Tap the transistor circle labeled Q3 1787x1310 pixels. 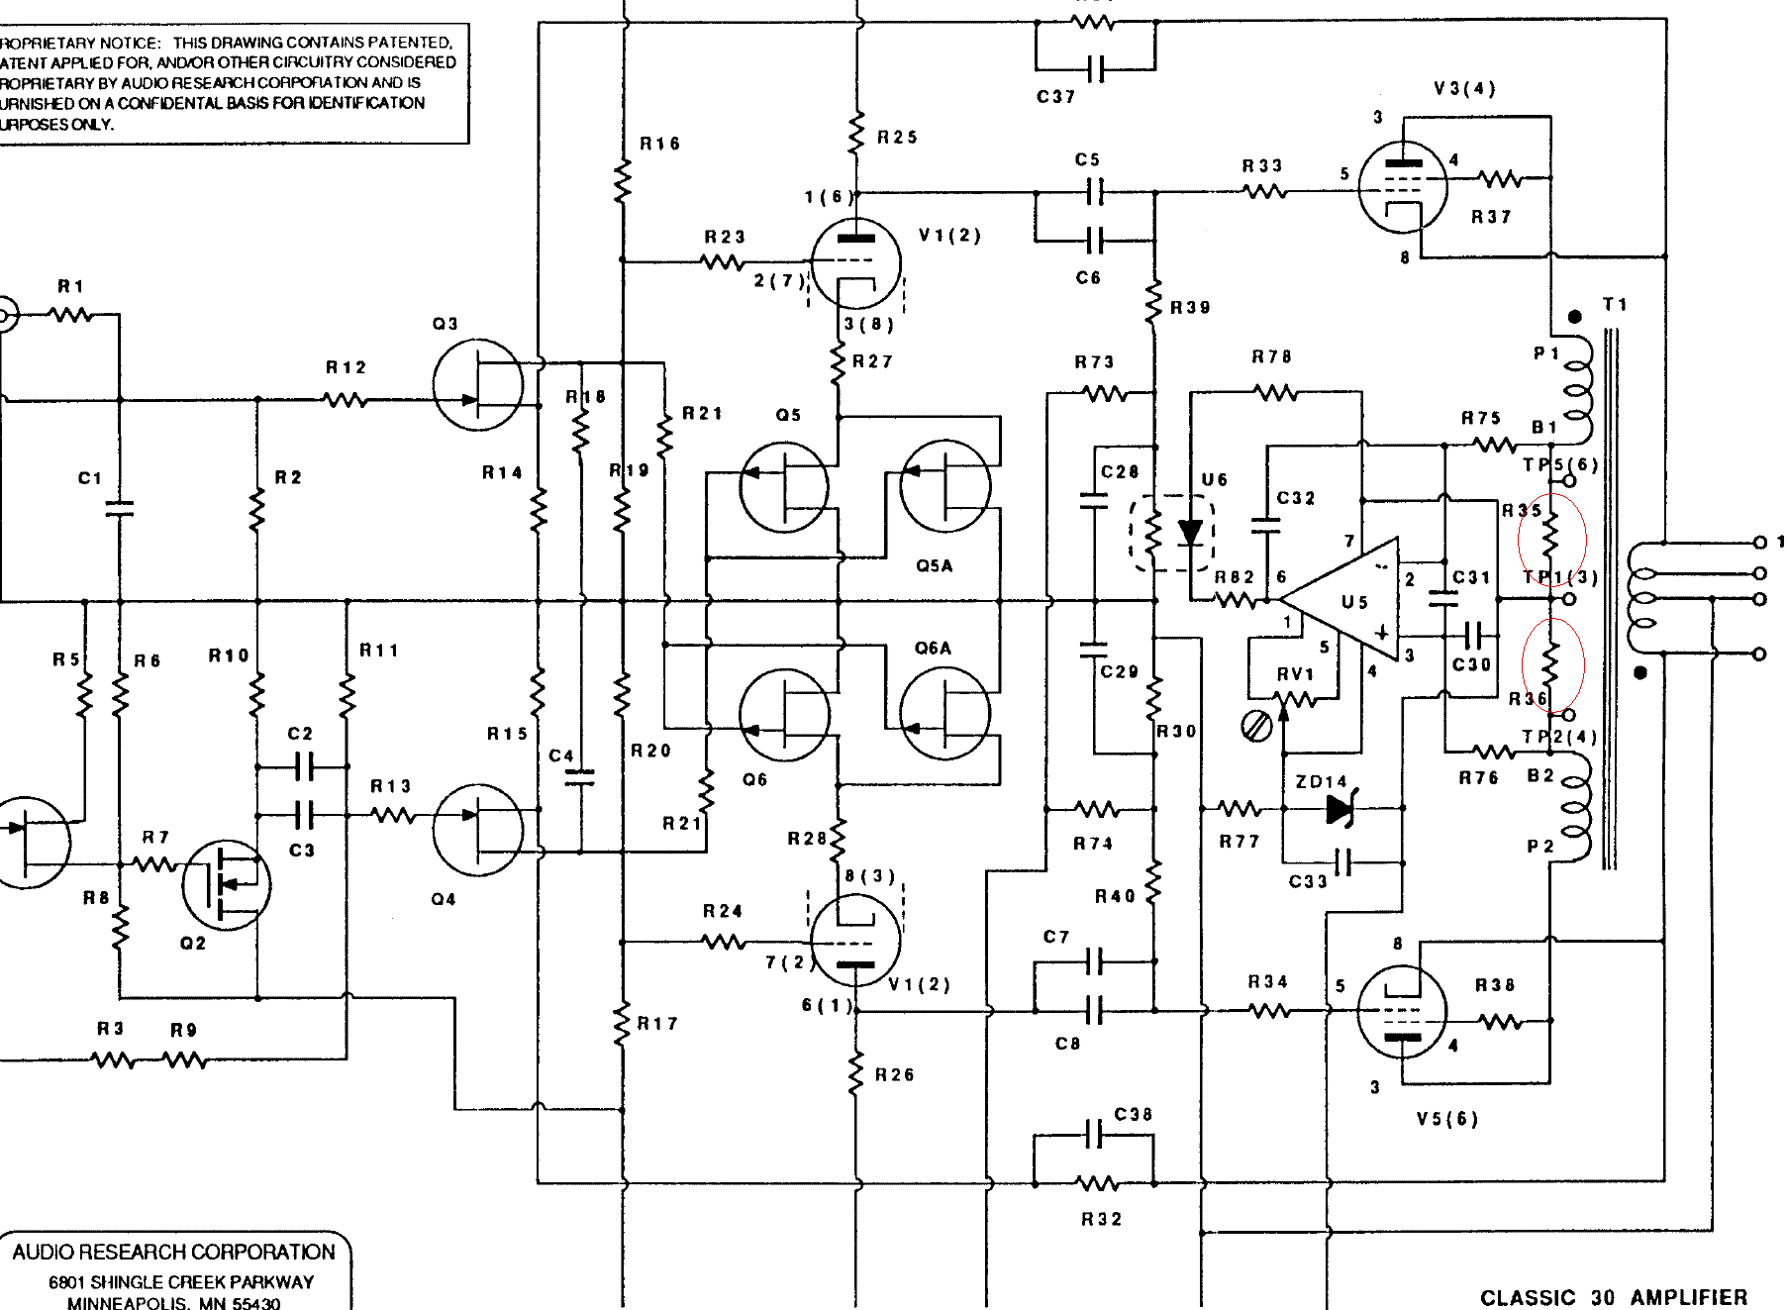click(x=478, y=385)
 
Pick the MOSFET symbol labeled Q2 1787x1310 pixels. click(x=227, y=884)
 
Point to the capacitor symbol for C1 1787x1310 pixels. click(x=119, y=508)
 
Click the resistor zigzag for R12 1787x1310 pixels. click(x=346, y=400)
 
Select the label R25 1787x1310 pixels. click(x=897, y=138)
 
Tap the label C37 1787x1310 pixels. click(x=1056, y=97)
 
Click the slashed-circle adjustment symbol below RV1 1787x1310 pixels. click(x=1256, y=727)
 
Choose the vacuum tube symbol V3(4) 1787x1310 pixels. click(x=1402, y=184)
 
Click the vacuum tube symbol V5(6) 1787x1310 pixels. click(x=1402, y=1012)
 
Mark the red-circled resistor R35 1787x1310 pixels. click(x=1551, y=539)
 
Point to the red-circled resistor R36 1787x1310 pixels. click(x=1551, y=663)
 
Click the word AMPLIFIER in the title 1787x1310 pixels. click(x=1689, y=1297)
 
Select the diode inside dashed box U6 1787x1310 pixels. click(x=1191, y=534)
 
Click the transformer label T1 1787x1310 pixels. click(x=1615, y=305)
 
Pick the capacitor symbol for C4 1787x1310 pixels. click(x=582, y=777)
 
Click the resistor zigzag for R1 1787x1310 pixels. click(x=71, y=315)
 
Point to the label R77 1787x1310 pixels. click(x=1239, y=842)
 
